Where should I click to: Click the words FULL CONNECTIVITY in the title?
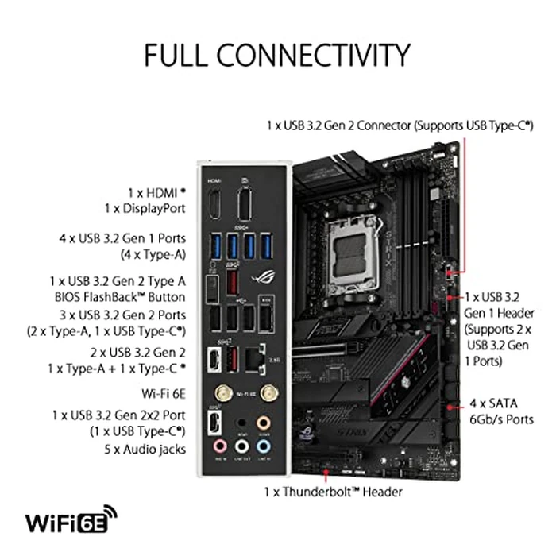click(277, 56)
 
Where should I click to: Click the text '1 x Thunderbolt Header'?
click(333, 492)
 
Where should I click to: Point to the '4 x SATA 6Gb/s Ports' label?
click(500, 411)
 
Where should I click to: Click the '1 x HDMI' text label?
click(156, 193)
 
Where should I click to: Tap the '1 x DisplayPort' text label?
click(145, 209)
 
